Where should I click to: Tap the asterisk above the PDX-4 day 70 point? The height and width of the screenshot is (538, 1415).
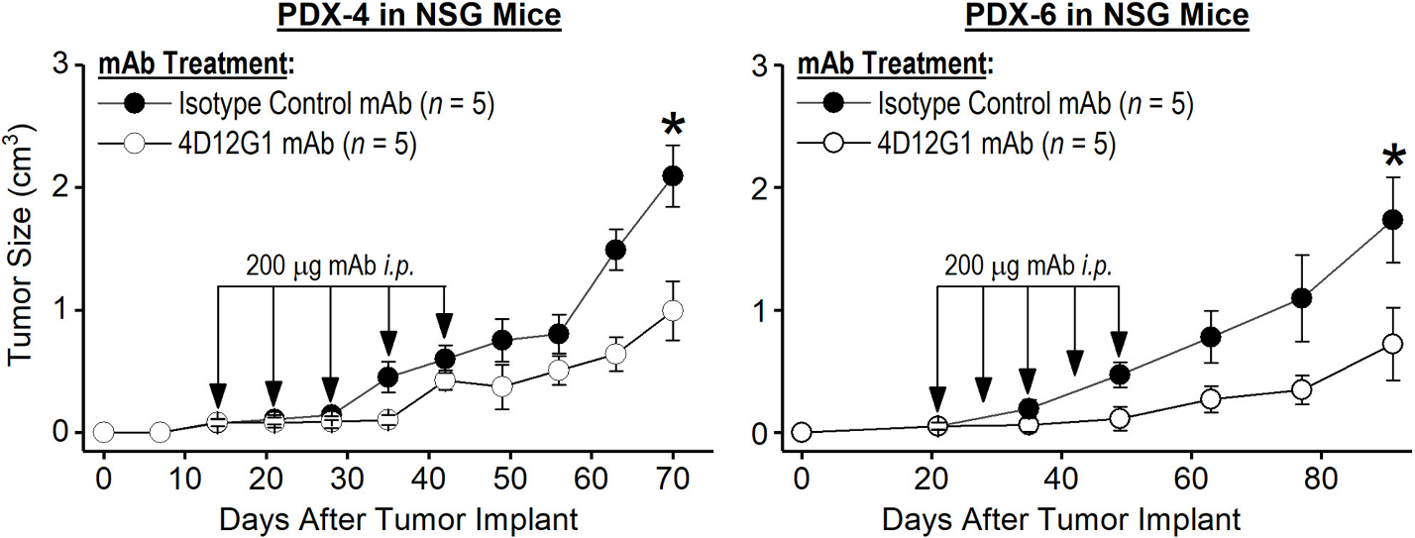[x=674, y=128]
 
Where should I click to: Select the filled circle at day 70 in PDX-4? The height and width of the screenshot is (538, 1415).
[x=674, y=175]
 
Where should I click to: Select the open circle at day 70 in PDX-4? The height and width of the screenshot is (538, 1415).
[x=674, y=311]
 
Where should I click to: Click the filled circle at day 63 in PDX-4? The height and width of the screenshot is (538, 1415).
[x=615, y=250]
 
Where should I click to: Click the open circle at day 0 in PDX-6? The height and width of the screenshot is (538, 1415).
[x=802, y=432]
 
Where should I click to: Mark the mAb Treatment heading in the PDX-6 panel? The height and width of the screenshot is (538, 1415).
[x=889, y=66]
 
